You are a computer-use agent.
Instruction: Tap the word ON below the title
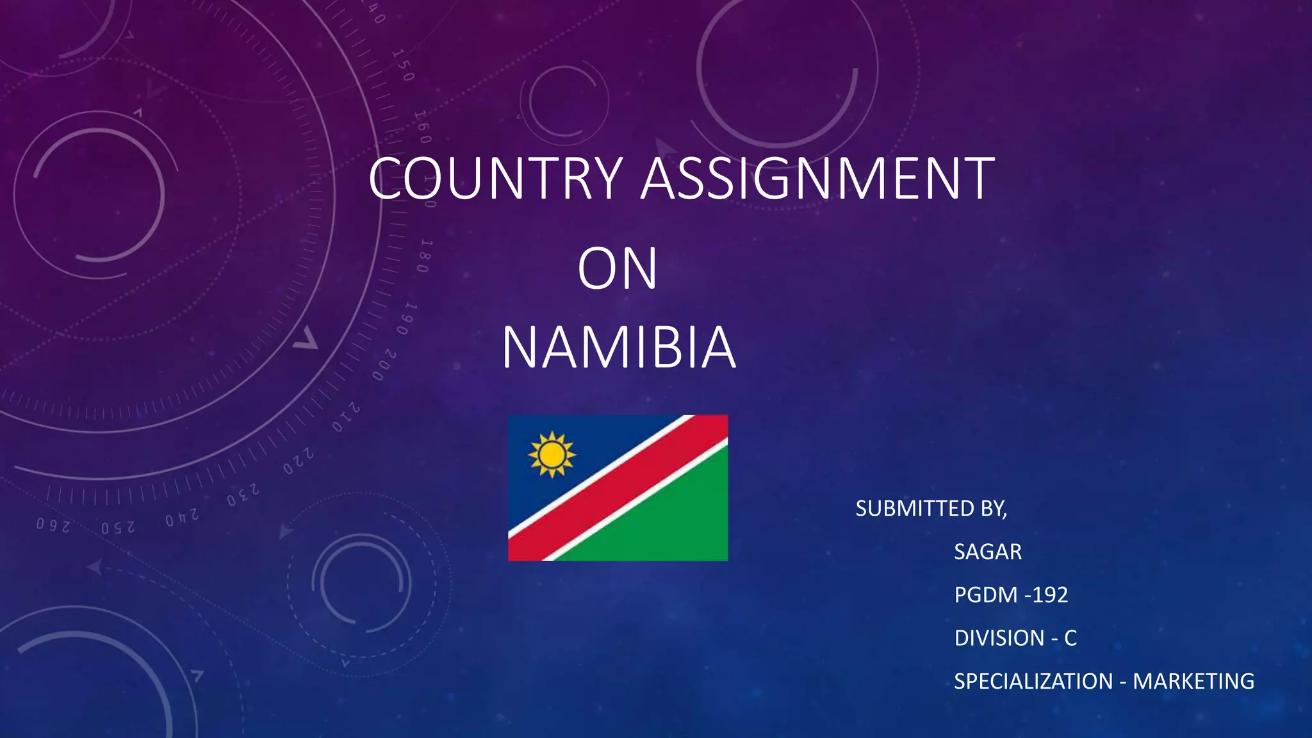pyautogui.click(x=617, y=268)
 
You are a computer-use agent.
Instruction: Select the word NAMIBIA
pyautogui.click(x=618, y=348)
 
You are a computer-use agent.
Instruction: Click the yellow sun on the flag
pyautogui.click(x=552, y=455)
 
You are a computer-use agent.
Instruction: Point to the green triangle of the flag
pyautogui.click(x=666, y=519)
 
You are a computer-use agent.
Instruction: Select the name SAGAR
pyautogui.click(x=988, y=552)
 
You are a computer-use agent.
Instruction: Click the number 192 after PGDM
pyautogui.click(x=1050, y=595)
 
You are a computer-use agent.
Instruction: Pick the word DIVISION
pyautogui.click(x=999, y=638)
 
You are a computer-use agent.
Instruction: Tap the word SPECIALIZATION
pyautogui.click(x=1033, y=681)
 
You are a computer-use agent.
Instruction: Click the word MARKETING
pyautogui.click(x=1193, y=681)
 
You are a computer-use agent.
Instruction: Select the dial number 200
pyautogui.click(x=384, y=365)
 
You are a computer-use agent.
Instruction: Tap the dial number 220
pyautogui.click(x=299, y=461)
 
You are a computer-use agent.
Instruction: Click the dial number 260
pyautogui.click(x=53, y=525)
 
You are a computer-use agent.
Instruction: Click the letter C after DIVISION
pyautogui.click(x=1070, y=638)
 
